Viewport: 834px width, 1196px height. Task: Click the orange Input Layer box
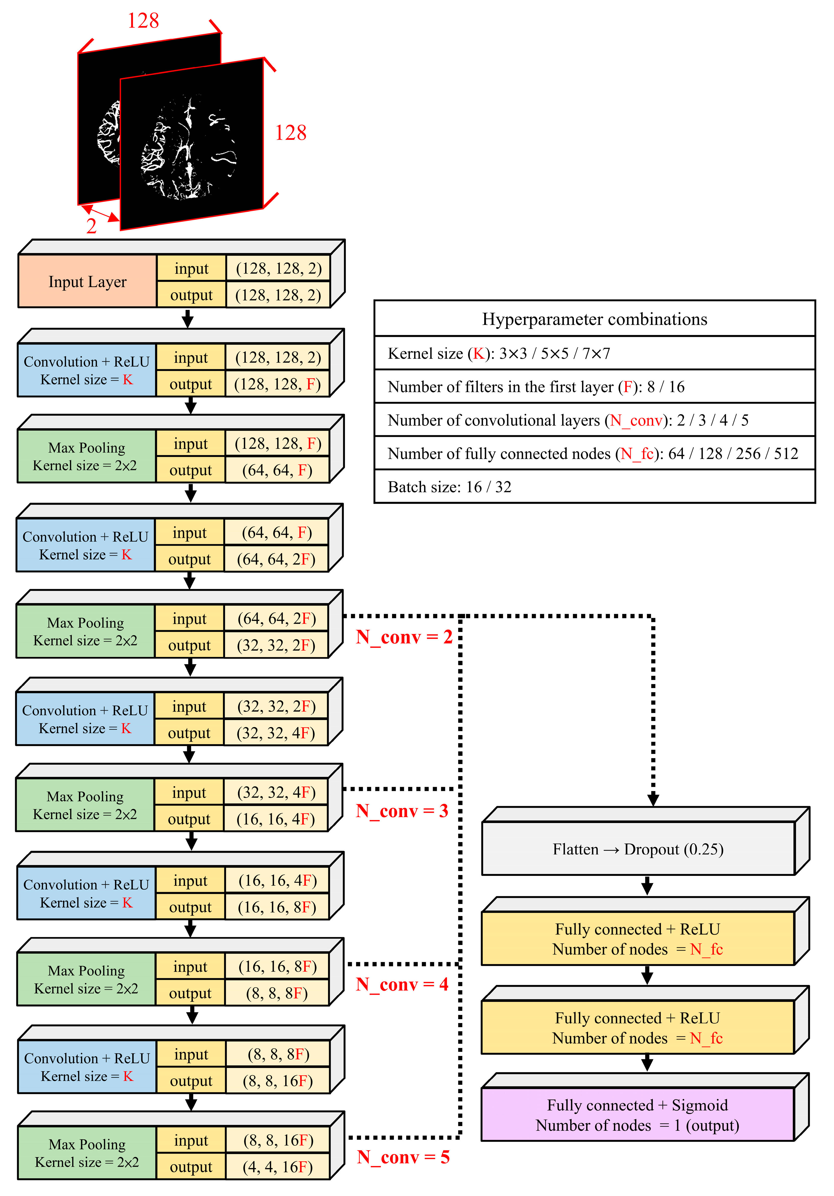point(88,281)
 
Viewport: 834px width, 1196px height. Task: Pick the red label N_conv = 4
point(402,984)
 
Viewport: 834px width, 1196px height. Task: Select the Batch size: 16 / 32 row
point(594,487)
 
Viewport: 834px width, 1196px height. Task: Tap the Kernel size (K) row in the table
point(594,353)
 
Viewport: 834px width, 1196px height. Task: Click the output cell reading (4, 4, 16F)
point(278,1167)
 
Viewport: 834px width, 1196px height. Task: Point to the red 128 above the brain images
point(143,21)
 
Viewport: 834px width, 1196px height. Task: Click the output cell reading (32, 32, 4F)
point(276,733)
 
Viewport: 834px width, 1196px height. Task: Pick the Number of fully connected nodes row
point(594,453)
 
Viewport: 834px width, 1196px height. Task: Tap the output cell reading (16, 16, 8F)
point(277,907)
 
